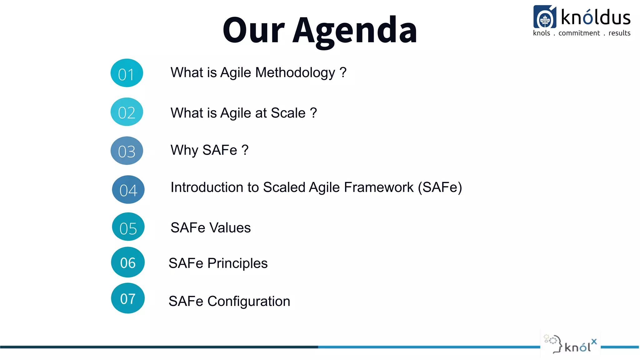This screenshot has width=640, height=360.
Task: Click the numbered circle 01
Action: [127, 73]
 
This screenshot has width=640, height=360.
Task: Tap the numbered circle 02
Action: [127, 112]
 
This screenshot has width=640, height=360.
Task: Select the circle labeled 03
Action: [127, 151]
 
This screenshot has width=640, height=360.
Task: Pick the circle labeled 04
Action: [128, 190]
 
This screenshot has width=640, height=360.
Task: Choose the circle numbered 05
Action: [128, 227]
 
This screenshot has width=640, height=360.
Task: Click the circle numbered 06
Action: [128, 262]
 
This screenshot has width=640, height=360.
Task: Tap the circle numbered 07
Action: [128, 298]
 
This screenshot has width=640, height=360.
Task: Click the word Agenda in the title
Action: [355, 30]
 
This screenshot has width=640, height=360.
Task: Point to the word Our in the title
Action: [253, 30]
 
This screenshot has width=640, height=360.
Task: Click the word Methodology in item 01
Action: [295, 73]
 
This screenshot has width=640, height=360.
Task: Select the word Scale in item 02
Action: [288, 113]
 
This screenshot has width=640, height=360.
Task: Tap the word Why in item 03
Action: [184, 150]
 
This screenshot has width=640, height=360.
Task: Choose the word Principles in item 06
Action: [237, 263]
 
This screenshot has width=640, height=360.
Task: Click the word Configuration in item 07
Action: [249, 302]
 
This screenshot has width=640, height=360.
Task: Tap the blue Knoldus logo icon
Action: [545, 17]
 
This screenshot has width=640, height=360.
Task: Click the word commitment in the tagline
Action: [579, 33]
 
